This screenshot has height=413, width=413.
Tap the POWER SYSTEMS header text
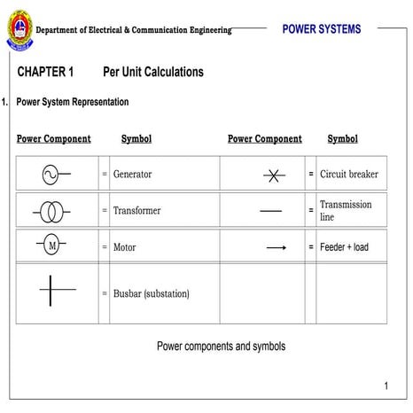[x=321, y=29]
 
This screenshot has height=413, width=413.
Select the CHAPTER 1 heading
[x=45, y=72]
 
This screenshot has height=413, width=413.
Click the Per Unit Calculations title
[x=153, y=72]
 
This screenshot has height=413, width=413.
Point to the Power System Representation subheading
[x=73, y=102]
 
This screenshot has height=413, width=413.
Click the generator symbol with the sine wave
[x=54, y=175]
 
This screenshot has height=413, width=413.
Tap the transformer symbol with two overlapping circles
[x=51, y=211]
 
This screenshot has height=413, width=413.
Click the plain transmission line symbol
[x=270, y=211]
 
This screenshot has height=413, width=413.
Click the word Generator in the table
[x=132, y=175]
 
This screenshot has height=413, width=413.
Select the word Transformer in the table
[x=136, y=211]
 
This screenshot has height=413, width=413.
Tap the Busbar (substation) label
[x=151, y=293]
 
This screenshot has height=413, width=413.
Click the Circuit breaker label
[x=348, y=175]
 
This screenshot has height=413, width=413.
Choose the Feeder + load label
[x=344, y=247]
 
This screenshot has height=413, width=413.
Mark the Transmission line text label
[x=346, y=210]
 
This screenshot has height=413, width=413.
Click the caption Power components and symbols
[x=221, y=346]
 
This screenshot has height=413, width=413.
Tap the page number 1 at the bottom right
[x=386, y=386]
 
